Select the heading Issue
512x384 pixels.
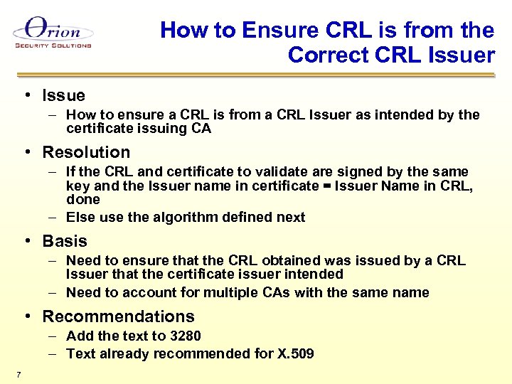coord(63,95)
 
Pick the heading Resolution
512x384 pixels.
coord(86,152)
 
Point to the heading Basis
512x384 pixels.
coord(65,241)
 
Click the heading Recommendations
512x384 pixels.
coord(118,316)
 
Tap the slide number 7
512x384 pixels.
coord(18,375)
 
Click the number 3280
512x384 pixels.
coord(183,336)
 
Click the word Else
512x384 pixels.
coord(81,217)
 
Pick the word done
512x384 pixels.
coord(82,199)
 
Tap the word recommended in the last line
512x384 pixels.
coord(195,353)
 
